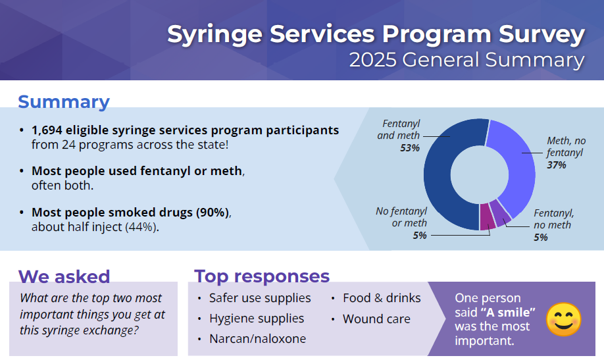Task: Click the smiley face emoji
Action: pyautogui.click(x=564, y=320)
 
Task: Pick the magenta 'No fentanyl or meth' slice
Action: pyautogui.click(x=488, y=217)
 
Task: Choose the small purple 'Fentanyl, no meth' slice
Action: pyautogui.click(x=501, y=213)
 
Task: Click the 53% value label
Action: pyautogui.click(x=409, y=148)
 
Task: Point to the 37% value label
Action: pyautogui.click(x=557, y=165)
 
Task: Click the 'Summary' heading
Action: pyautogui.click(x=64, y=102)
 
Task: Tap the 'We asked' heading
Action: pyautogui.click(x=64, y=276)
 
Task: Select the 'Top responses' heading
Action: pyautogui.click(x=262, y=276)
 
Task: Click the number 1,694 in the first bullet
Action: pyautogui.click(x=47, y=130)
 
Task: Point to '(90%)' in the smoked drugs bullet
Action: pyautogui.click(x=213, y=213)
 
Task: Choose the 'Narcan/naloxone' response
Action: pyautogui.click(x=257, y=338)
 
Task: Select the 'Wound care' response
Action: pyautogui.click(x=376, y=319)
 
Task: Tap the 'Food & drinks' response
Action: pyautogui.click(x=382, y=298)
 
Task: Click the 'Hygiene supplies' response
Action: pyautogui.click(x=257, y=319)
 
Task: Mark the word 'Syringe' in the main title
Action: pyautogui.click(x=215, y=35)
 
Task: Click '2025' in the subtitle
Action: pyautogui.click(x=373, y=60)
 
